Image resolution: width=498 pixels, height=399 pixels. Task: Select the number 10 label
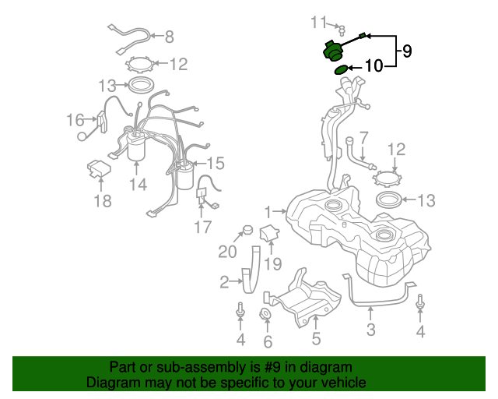pyautogui.click(x=373, y=66)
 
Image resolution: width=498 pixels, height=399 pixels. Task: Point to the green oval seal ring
pyautogui.click(x=341, y=70)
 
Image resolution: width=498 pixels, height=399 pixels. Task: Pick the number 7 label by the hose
pyautogui.click(x=364, y=138)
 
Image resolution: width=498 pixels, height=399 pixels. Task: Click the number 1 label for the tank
pyautogui.click(x=268, y=210)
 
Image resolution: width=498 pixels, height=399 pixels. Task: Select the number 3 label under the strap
pyautogui.click(x=371, y=330)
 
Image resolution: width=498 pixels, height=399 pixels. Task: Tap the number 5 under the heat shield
pyautogui.click(x=317, y=338)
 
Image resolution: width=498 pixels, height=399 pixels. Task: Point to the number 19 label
pyautogui.click(x=272, y=264)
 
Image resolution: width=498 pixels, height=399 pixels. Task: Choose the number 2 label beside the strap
pyautogui.click(x=224, y=282)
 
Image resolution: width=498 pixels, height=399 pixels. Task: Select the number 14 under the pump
pyautogui.click(x=138, y=185)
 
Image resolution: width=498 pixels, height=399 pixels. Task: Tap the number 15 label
pyautogui.click(x=214, y=163)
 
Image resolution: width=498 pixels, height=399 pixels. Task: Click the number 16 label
pyautogui.click(x=75, y=120)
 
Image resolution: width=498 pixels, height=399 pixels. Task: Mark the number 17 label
pyautogui.click(x=202, y=227)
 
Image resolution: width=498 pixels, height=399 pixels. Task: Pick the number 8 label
pyautogui.click(x=169, y=36)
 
